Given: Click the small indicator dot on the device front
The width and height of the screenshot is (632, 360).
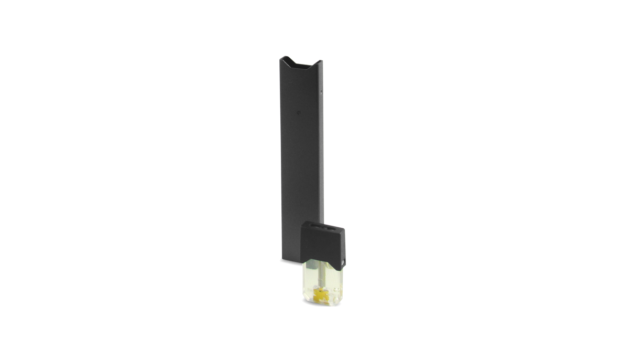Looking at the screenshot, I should (x=298, y=111).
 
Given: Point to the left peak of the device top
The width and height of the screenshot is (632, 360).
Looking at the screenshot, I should (x=282, y=57).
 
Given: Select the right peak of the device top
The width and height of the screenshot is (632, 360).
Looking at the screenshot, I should (x=322, y=59).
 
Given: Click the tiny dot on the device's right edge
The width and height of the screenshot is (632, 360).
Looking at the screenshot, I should (x=322, y=93).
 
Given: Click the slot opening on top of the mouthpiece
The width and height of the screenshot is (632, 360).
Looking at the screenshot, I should (x=322, y=228).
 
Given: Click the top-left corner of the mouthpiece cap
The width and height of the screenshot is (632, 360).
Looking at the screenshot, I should (x=301, y=223).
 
